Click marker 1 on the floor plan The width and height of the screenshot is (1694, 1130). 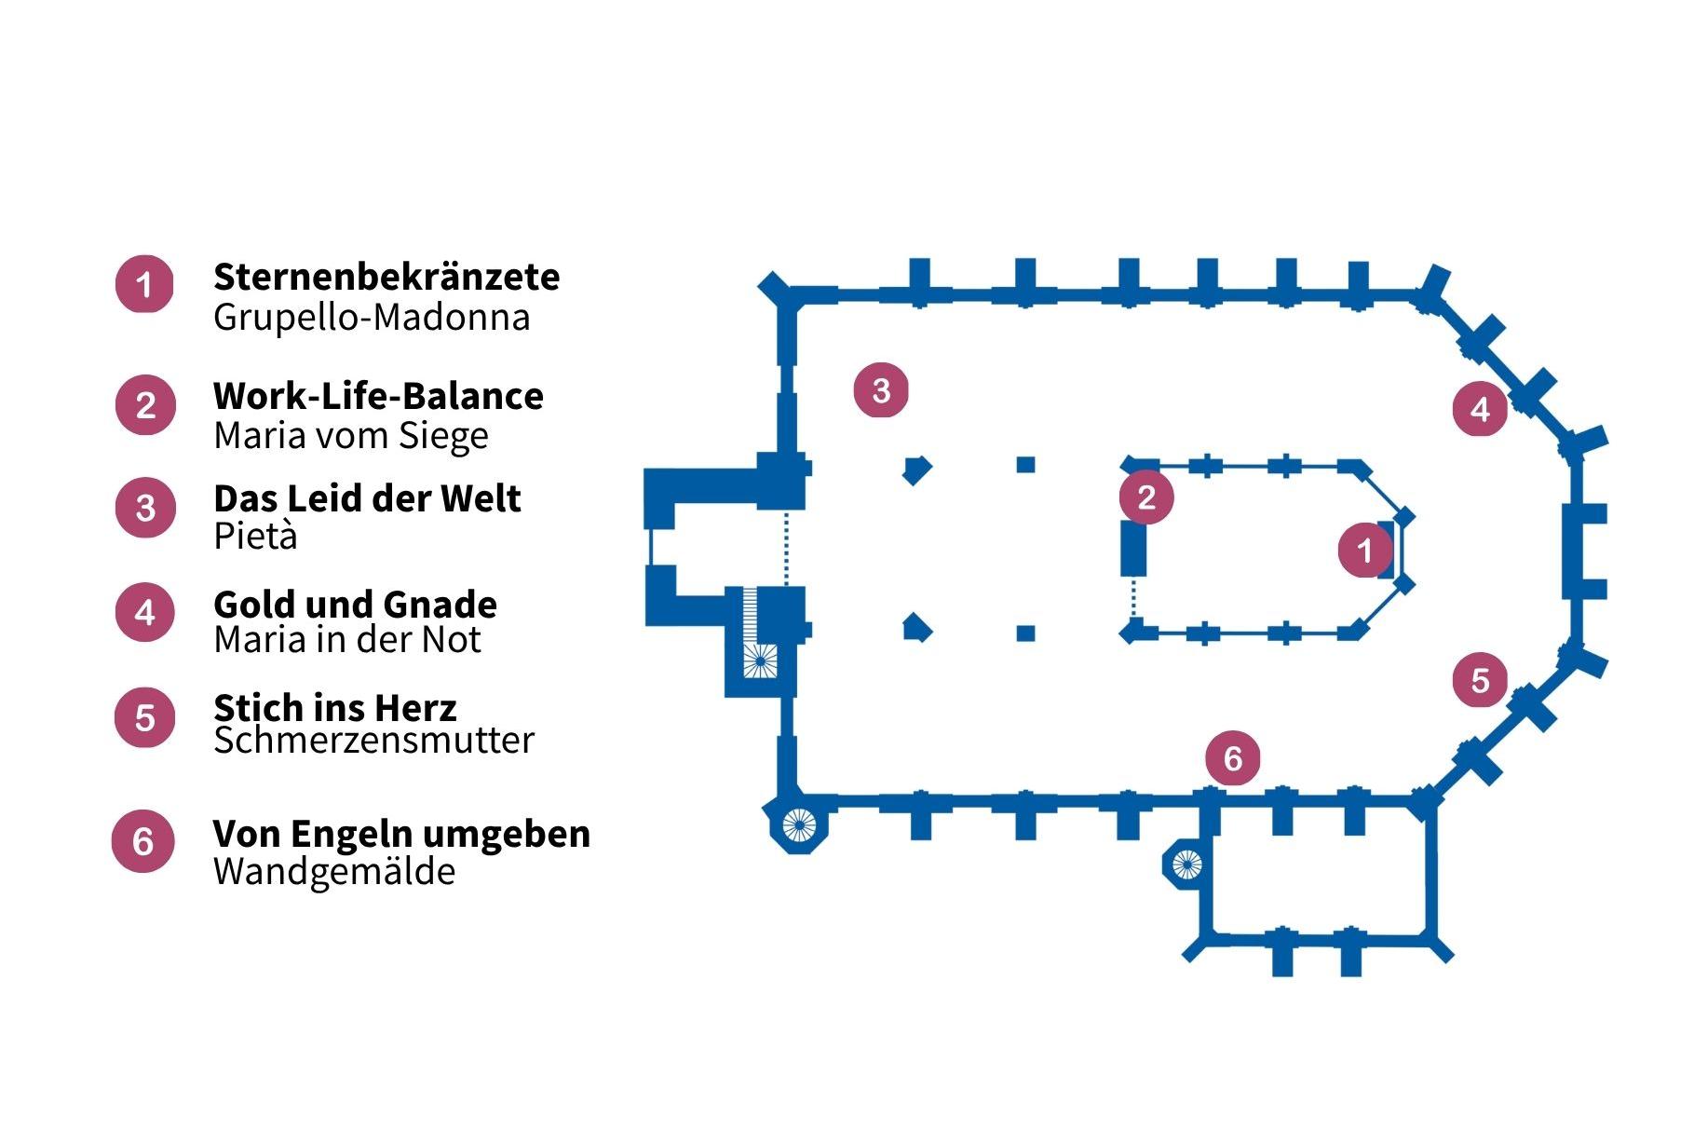1364,550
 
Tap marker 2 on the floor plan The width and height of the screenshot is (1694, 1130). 1146,497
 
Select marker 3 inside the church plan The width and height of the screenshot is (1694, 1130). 881,389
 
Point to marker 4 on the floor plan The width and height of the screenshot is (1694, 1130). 1480,408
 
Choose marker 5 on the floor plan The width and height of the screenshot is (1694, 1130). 1480,680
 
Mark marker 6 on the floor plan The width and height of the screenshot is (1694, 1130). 1233,757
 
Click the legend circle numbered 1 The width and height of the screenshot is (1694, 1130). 144,284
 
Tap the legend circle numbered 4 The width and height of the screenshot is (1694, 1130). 144,612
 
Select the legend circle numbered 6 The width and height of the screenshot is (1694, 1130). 142,841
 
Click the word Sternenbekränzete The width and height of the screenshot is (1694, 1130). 386,277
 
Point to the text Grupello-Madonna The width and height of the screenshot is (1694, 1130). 372,317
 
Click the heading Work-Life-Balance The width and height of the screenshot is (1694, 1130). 378,396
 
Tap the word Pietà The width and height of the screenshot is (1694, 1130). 255,536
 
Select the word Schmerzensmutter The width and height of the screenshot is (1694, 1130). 373,740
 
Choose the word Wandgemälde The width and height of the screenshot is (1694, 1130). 334,872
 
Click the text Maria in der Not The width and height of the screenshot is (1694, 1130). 347,640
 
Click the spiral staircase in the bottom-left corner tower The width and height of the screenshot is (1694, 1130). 798,824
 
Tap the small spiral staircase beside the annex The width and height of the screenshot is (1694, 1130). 1186,865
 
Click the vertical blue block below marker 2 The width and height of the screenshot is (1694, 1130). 1133,549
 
